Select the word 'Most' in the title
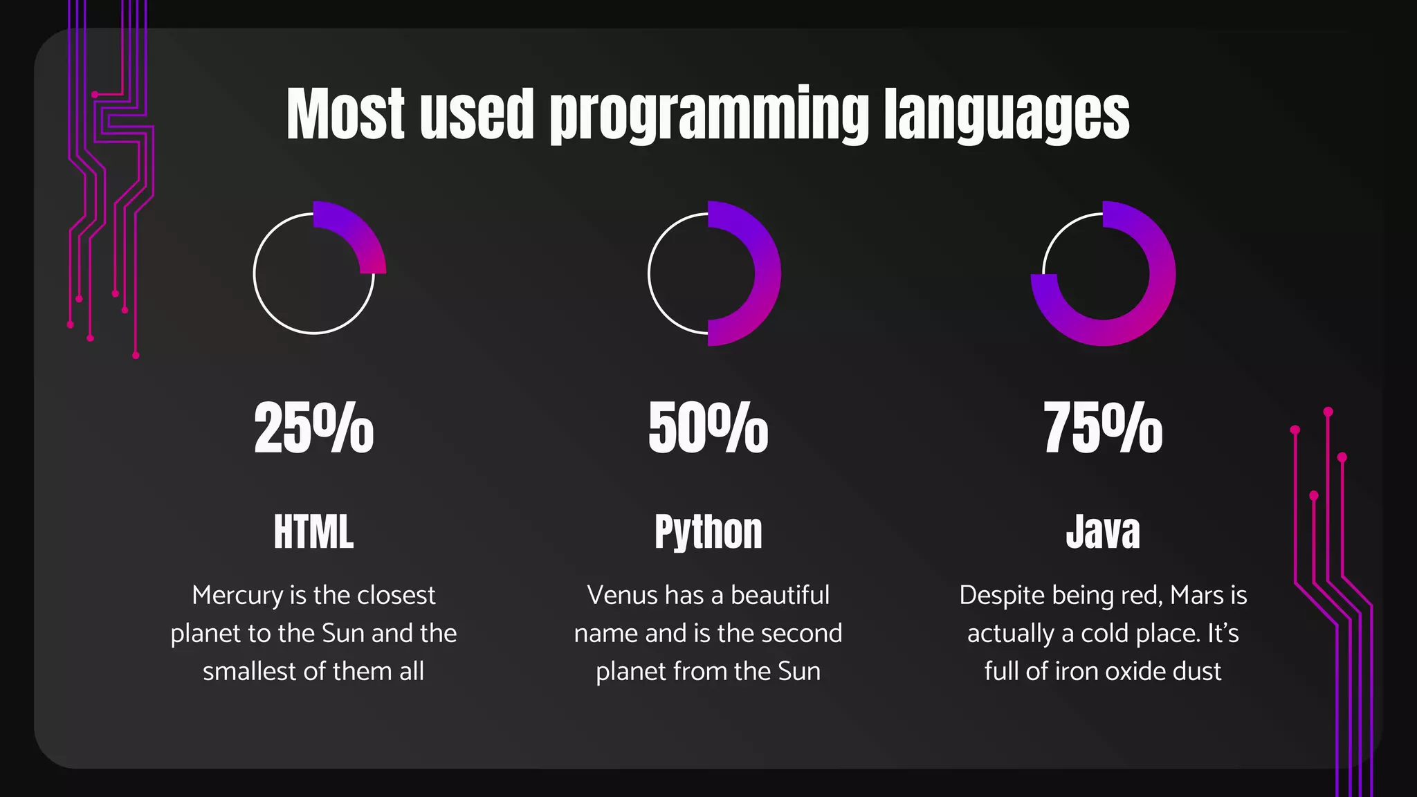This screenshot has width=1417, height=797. (x=345, y=114)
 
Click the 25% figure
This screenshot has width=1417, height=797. (x=313, y=428)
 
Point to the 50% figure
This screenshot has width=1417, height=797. (x=708, y=428)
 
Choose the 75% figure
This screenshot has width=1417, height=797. (x=1103, y=428)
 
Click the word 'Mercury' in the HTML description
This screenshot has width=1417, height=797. (x=237, y=596)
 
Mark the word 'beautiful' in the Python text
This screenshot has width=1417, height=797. (x=780, y=596)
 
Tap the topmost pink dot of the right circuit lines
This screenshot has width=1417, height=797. (x=1328, y=412)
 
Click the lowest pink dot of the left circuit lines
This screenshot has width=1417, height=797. (x=136, y=355)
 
